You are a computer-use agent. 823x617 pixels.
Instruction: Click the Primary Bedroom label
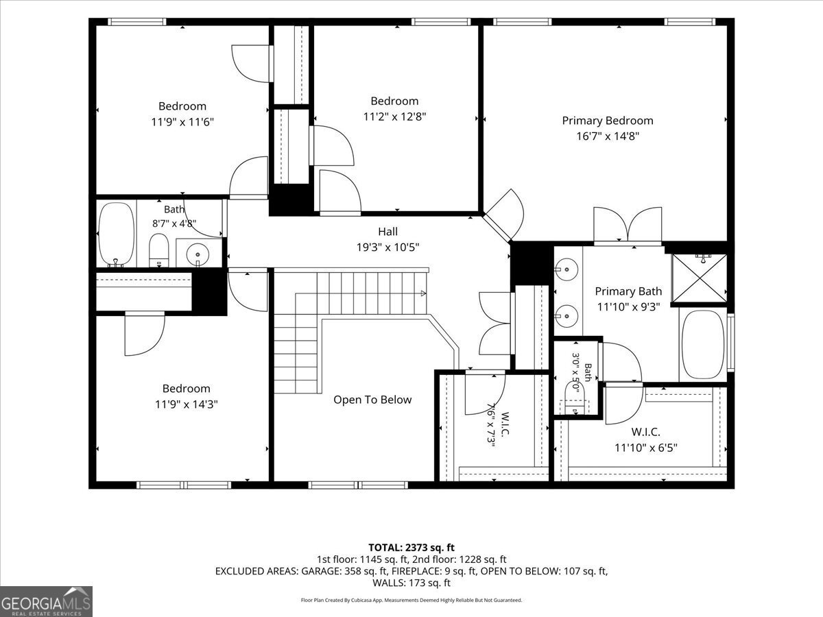[608, 121]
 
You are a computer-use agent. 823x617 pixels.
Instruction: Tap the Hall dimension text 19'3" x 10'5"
[387, 247]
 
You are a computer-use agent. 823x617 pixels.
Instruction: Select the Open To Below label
[372, 400]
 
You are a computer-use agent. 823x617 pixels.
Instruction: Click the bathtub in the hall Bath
[116, 235]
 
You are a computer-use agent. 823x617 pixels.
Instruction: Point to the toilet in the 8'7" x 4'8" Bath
[158, 250]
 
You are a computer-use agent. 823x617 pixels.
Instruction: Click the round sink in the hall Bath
[198, 255]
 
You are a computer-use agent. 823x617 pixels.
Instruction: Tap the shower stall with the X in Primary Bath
[700, 278]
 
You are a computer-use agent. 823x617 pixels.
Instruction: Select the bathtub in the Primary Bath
[703, 344]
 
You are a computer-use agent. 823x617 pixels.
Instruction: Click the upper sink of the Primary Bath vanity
[566, 269]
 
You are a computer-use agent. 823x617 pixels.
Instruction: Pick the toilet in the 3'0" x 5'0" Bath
[575, 397]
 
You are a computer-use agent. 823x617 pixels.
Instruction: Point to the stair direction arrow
[423, 293]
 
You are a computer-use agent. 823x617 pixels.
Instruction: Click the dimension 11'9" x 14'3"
[187, 404]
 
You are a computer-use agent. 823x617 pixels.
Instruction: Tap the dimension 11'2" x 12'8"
[394, 117]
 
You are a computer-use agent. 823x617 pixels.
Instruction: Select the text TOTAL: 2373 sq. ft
[411, 548]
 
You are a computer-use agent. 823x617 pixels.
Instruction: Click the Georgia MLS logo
[46, 602]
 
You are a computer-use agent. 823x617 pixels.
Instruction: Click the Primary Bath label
[628, 291]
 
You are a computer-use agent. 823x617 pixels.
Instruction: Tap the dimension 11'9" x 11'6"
[182, 122]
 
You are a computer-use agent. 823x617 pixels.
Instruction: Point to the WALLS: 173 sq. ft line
[411, 583]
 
